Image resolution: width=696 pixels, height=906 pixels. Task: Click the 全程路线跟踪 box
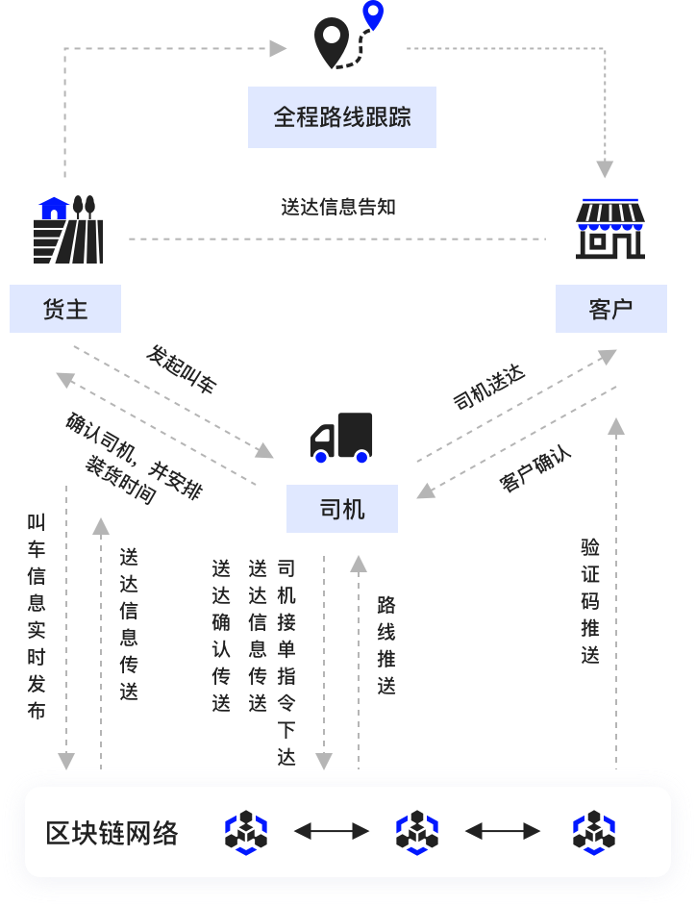tap(341, 117)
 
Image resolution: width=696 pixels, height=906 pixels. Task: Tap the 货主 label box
tap(65, 309)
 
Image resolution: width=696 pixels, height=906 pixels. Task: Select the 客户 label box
tap(610, 309)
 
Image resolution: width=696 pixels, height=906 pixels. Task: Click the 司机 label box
tap(341, 509)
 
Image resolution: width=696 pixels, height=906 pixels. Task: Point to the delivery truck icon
tap(341, 438)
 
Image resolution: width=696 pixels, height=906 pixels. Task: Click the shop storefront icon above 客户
tap(609, 229)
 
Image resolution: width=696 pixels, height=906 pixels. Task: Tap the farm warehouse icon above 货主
tap(68, 230)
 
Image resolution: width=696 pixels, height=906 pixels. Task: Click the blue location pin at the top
tap(372, 15)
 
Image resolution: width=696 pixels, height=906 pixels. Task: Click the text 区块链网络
tap(112, 833)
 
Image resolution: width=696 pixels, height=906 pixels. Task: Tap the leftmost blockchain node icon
tap(246, 832)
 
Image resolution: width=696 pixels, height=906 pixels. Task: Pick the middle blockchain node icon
tap(417, 832)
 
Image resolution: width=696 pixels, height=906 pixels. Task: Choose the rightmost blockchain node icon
tap(593, 832)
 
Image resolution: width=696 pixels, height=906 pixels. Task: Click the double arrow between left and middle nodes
tap(332, 831)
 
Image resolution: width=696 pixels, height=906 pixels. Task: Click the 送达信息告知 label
tap(337, 207)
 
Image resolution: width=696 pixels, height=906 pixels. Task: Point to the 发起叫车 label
tap(182, 369)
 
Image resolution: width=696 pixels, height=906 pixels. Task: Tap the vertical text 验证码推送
tap(590, 601)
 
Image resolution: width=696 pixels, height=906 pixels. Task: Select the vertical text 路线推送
tap(386, 645)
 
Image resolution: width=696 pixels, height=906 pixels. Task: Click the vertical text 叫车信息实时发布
tap(37, 617)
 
